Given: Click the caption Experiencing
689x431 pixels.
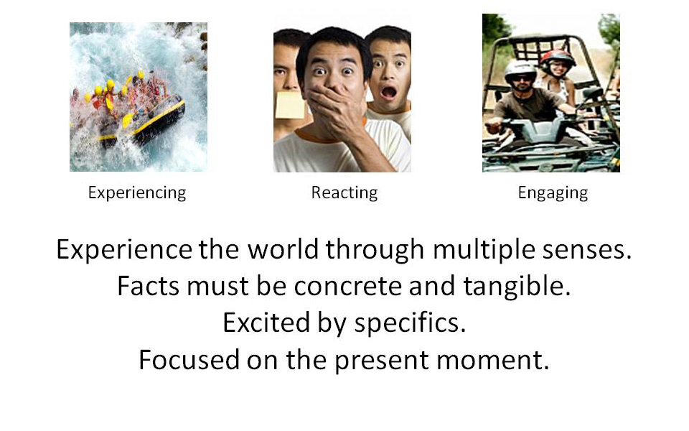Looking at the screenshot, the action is pos(137,193).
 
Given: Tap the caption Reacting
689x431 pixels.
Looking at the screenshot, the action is pos(344,193).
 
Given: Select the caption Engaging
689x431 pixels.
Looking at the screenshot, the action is pos(553,193).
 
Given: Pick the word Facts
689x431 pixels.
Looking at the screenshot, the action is pos(148,287).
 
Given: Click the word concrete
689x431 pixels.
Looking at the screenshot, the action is pos(347,287).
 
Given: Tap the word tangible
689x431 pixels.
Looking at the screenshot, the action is pos(517,287).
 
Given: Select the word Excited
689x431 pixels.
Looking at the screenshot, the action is pos(266,323).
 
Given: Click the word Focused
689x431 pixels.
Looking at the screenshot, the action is pos(189,360).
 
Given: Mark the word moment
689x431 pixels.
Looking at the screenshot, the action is pos(492,361).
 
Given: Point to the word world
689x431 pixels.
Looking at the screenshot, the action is pos(283,249).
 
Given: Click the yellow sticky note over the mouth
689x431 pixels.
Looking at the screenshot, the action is pos(289,106).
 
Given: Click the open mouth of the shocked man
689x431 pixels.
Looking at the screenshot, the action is pos(388,93).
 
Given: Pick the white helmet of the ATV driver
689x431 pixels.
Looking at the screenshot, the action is pos(520,70).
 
